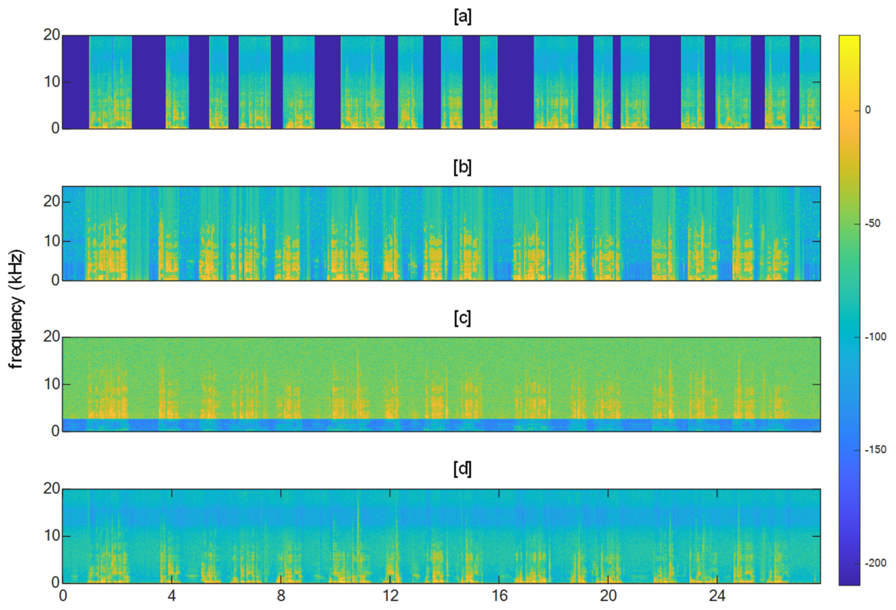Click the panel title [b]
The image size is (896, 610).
pos(462,168)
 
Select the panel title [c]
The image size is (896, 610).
pos(462,319)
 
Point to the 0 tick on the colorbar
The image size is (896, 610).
pos(867,110)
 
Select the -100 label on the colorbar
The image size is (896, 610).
pos(875,337)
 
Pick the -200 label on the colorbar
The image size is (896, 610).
pos(875,563)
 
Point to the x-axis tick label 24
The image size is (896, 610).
pos(717,596)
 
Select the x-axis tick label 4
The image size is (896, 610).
pos(172,596)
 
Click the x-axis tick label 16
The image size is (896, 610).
pos(499,596)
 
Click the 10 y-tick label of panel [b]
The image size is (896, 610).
pos(51,241)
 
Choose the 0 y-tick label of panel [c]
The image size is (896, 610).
pos(56,431)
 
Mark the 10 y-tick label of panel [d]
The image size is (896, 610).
pos(51,536)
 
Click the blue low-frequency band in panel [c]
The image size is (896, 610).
pos(441,425)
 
